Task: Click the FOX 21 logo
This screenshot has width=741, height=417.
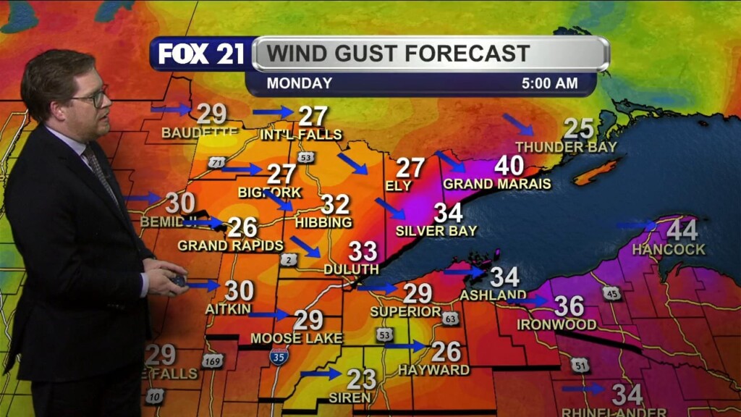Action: point(201,54)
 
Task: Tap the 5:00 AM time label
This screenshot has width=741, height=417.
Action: point(550,83)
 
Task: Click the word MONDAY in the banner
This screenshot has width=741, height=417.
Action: point(300,83)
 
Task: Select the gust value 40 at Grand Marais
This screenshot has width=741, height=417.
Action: point(509,166)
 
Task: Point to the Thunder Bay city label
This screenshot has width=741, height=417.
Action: point(565,147)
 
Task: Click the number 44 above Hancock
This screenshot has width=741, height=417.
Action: point(682,230)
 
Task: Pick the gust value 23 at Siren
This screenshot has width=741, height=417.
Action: point(360,379)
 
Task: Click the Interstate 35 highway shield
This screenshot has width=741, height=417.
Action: point(279,355)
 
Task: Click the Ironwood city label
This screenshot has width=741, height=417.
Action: point(556,324)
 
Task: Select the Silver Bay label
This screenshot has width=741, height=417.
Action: point(436,231)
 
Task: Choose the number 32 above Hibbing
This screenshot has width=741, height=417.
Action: point(335,204)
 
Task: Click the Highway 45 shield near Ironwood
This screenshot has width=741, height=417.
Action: point(611,293)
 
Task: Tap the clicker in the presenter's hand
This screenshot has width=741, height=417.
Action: point(178,279)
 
